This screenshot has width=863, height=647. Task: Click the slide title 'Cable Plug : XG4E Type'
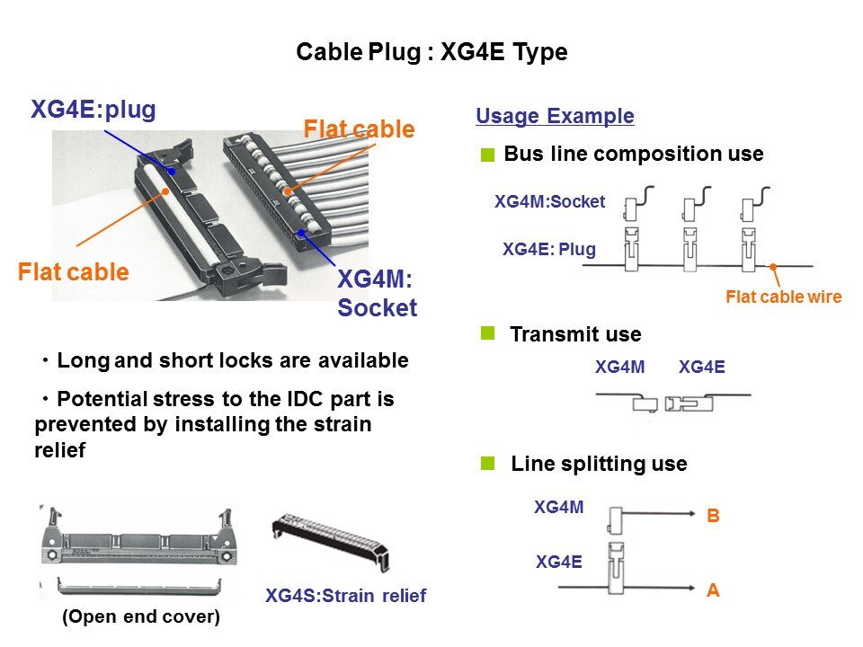coord(431,53)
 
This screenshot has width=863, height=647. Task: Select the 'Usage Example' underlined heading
coord(555,116)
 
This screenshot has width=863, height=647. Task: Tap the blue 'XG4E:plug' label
coord(93,110)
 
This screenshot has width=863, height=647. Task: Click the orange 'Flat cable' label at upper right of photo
coord(359,129)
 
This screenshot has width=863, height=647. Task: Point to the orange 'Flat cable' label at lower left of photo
coord(74,271)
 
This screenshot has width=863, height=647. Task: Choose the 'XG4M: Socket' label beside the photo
coord(377,294)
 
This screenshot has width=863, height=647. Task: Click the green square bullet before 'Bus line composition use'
coord(488,155)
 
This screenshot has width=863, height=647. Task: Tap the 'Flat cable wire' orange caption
coord(783,297)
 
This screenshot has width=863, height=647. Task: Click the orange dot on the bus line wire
coord(773,267)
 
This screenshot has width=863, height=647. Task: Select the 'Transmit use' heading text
coord(575,335)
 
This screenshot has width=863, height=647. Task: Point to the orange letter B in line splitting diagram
coord(714,517)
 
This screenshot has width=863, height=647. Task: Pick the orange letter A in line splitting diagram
coord(714,590)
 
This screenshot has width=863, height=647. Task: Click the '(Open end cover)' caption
coord(140,617)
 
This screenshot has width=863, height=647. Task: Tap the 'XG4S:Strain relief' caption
coord(345,595)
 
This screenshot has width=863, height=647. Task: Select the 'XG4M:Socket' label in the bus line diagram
coord(550,202)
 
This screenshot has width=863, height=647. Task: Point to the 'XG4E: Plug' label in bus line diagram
coord(548,249)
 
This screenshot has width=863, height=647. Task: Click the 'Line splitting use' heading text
coord(599,465)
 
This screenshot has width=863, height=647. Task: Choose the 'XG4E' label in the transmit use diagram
coord(702,367)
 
